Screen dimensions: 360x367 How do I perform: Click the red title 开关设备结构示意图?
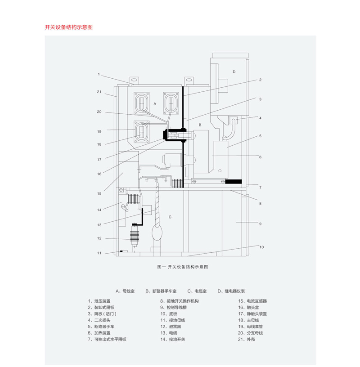[x=69, y=27]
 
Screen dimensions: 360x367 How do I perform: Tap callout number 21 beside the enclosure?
[x=99, y=92]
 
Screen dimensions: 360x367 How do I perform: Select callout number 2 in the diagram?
[x=260, y=80]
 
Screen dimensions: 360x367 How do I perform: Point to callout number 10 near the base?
[x=261, y=247]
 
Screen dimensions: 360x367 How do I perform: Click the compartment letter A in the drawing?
[x=155, y=104]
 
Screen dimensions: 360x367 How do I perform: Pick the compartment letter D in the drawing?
[x=234, y=72]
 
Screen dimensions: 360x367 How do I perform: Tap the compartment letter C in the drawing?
[x=170, y=217]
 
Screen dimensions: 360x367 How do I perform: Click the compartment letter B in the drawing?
[x=200, y=125]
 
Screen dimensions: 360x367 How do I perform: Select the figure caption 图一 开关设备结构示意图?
[x=183, y=267]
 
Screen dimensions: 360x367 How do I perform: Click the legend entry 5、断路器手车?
[x=101, y=327]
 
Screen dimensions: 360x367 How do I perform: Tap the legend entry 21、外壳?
[x=247, y=339]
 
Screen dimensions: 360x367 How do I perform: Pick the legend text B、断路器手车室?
[x=161, y=291]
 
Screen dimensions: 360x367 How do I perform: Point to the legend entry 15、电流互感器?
[x=252, y=301]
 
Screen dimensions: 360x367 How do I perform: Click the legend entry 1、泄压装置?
[x=99, y=301]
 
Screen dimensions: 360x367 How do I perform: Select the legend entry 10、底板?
[x=169, y=313]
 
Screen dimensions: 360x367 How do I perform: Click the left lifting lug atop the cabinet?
[x=134, y=81]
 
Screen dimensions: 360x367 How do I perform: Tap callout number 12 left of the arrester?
[x=99, y=238]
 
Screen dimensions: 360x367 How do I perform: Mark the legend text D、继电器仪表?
[x=231, y=291]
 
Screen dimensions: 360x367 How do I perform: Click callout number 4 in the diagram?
[x=260, y=118]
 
